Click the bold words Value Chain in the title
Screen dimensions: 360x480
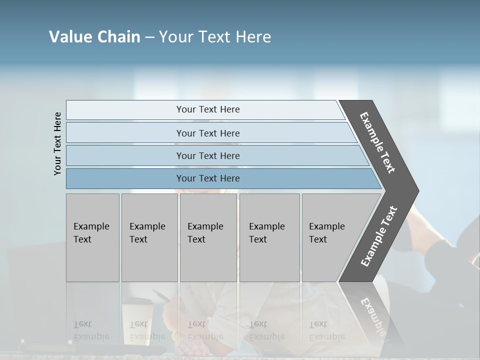pos(94,37)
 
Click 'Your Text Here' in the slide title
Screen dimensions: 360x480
pos(215,37)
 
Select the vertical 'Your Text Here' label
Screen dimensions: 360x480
pos(57,143)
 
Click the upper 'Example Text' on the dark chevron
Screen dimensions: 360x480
pos(377,142)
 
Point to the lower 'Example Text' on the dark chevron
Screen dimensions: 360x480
pos(378,236)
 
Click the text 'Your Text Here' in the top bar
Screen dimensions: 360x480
pos(208,109)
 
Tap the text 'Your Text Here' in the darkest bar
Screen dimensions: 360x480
pos(208,178)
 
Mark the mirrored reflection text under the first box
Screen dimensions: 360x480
pos(91,330)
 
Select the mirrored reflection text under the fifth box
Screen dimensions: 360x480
pos(326,330)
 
